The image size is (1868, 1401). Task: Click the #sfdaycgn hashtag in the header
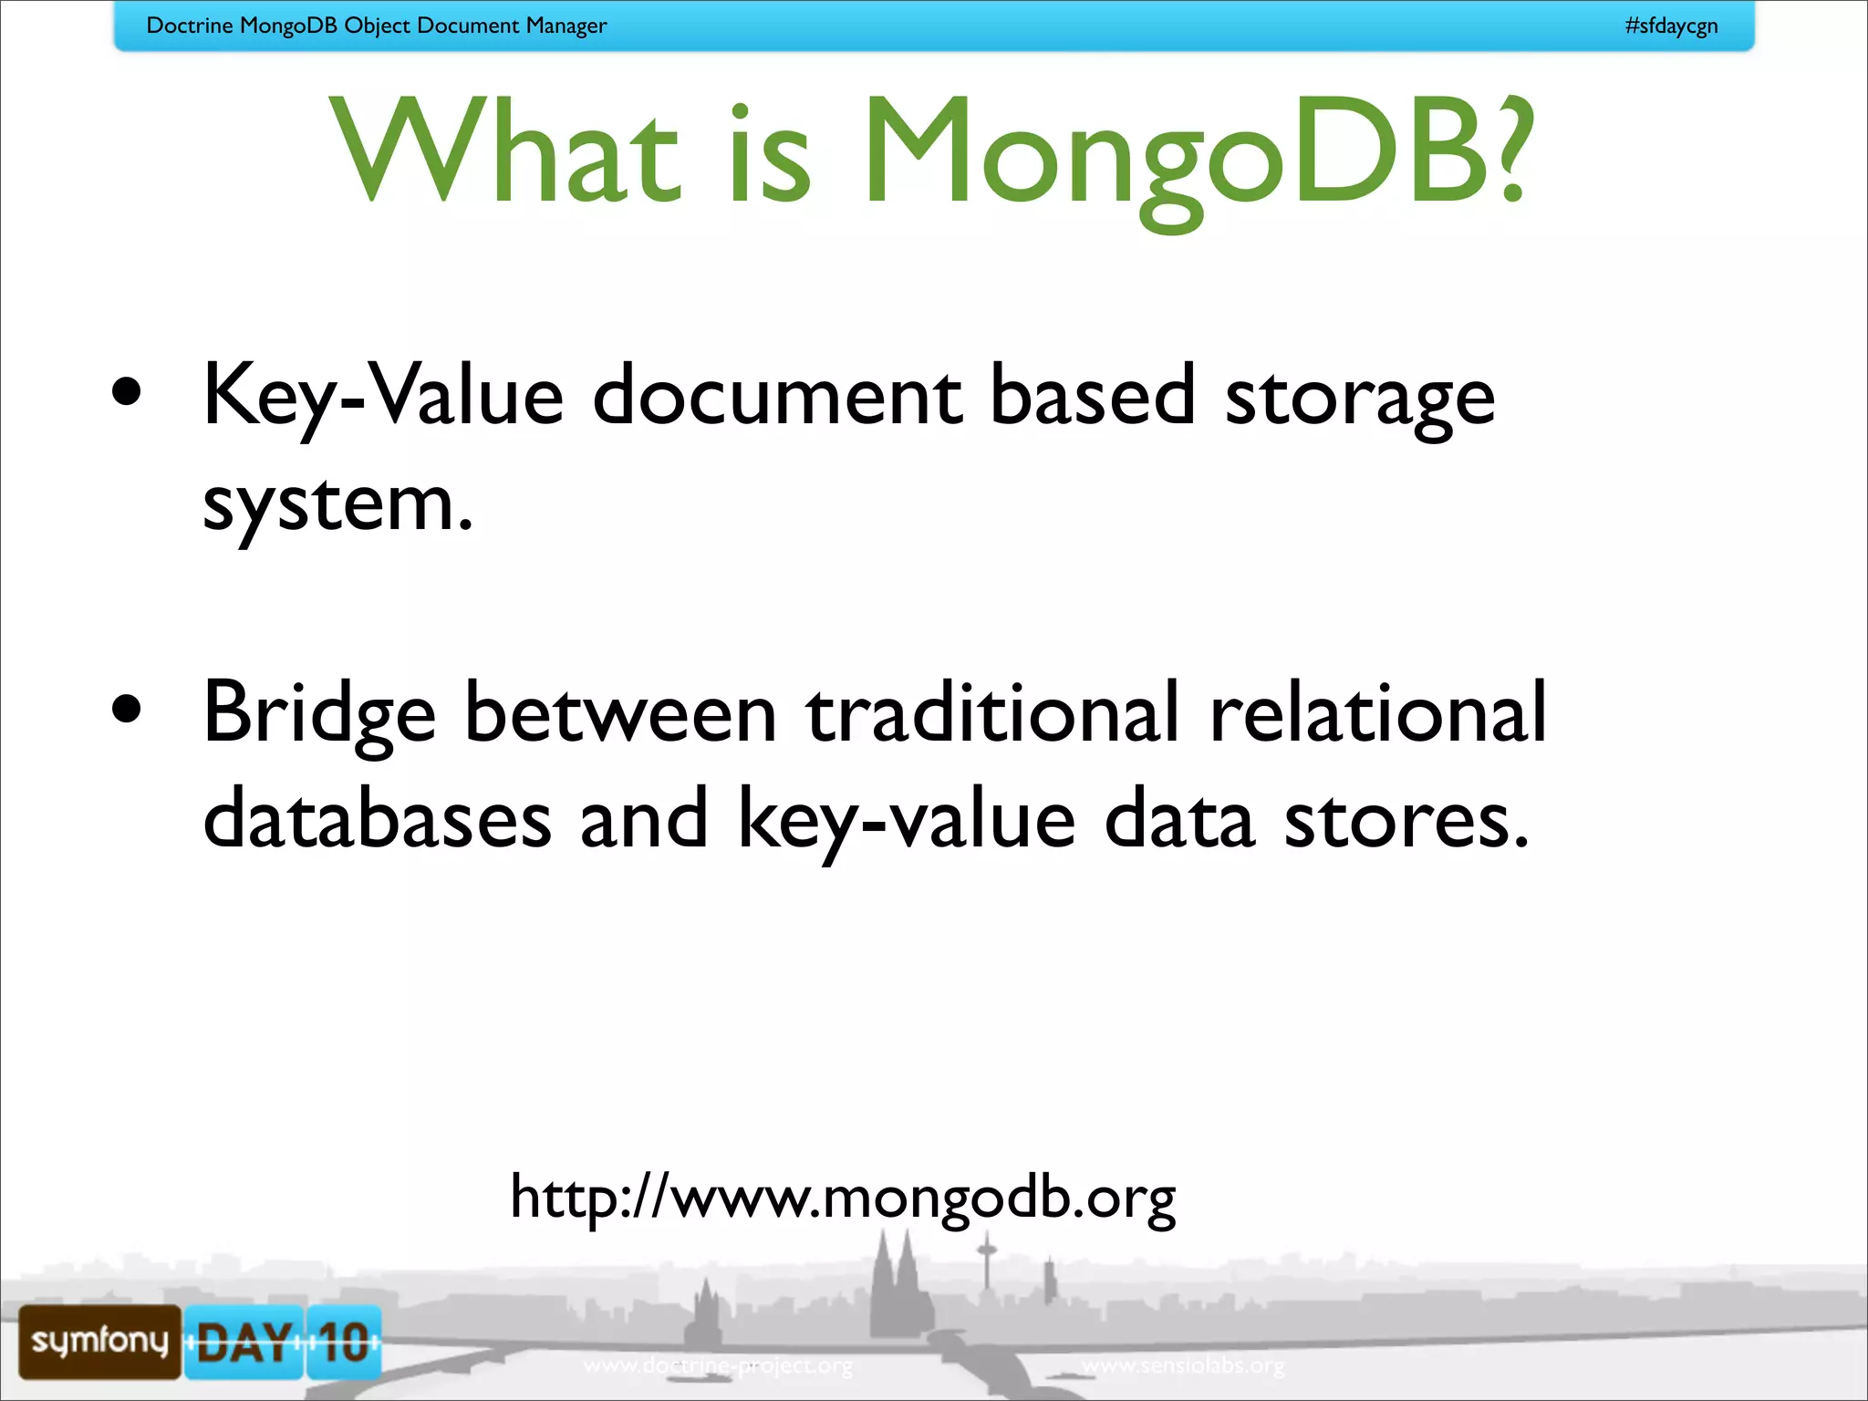(1671, 26)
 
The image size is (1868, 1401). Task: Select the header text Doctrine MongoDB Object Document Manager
(376, 26)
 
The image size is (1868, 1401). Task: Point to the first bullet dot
(127, 392)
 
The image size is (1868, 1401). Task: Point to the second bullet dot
(127, 709)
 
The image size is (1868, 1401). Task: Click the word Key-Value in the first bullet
(383, 397)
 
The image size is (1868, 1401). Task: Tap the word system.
(337, 506)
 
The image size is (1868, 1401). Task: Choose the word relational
(1377, 712)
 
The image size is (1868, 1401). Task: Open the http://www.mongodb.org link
(843, 1197)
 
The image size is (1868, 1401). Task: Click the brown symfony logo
(99, 1341)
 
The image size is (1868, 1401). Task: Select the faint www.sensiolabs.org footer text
(1183, 1365)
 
